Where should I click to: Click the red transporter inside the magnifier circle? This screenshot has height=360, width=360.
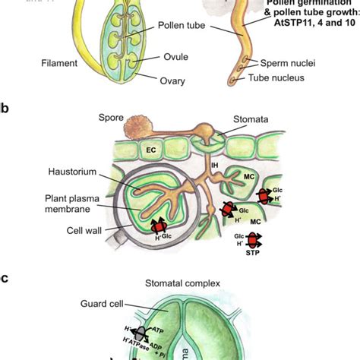tap(159, 226)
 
